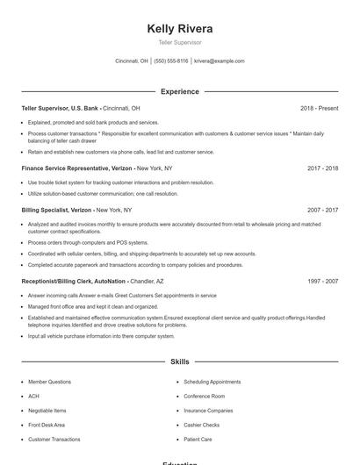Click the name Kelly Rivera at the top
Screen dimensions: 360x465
[x=180, y=29]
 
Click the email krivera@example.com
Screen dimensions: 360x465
[x=220, y=61]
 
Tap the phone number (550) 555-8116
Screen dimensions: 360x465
[x=171, y=61]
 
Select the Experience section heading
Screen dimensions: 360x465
[x=180, y=91]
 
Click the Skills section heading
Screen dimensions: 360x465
[x=180, y=361]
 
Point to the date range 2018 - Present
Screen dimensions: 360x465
[x=320, y=108]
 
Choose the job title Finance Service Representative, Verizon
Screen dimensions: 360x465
[x=77, y=167]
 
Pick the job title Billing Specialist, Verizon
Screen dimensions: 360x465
[x=56, y=211]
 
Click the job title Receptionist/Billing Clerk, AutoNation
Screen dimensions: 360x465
[x=72, y=281]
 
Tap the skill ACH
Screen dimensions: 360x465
[x=33, y=397]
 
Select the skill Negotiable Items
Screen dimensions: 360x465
[x=47, y=411]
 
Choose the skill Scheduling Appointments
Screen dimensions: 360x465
[x=212, y=383]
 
